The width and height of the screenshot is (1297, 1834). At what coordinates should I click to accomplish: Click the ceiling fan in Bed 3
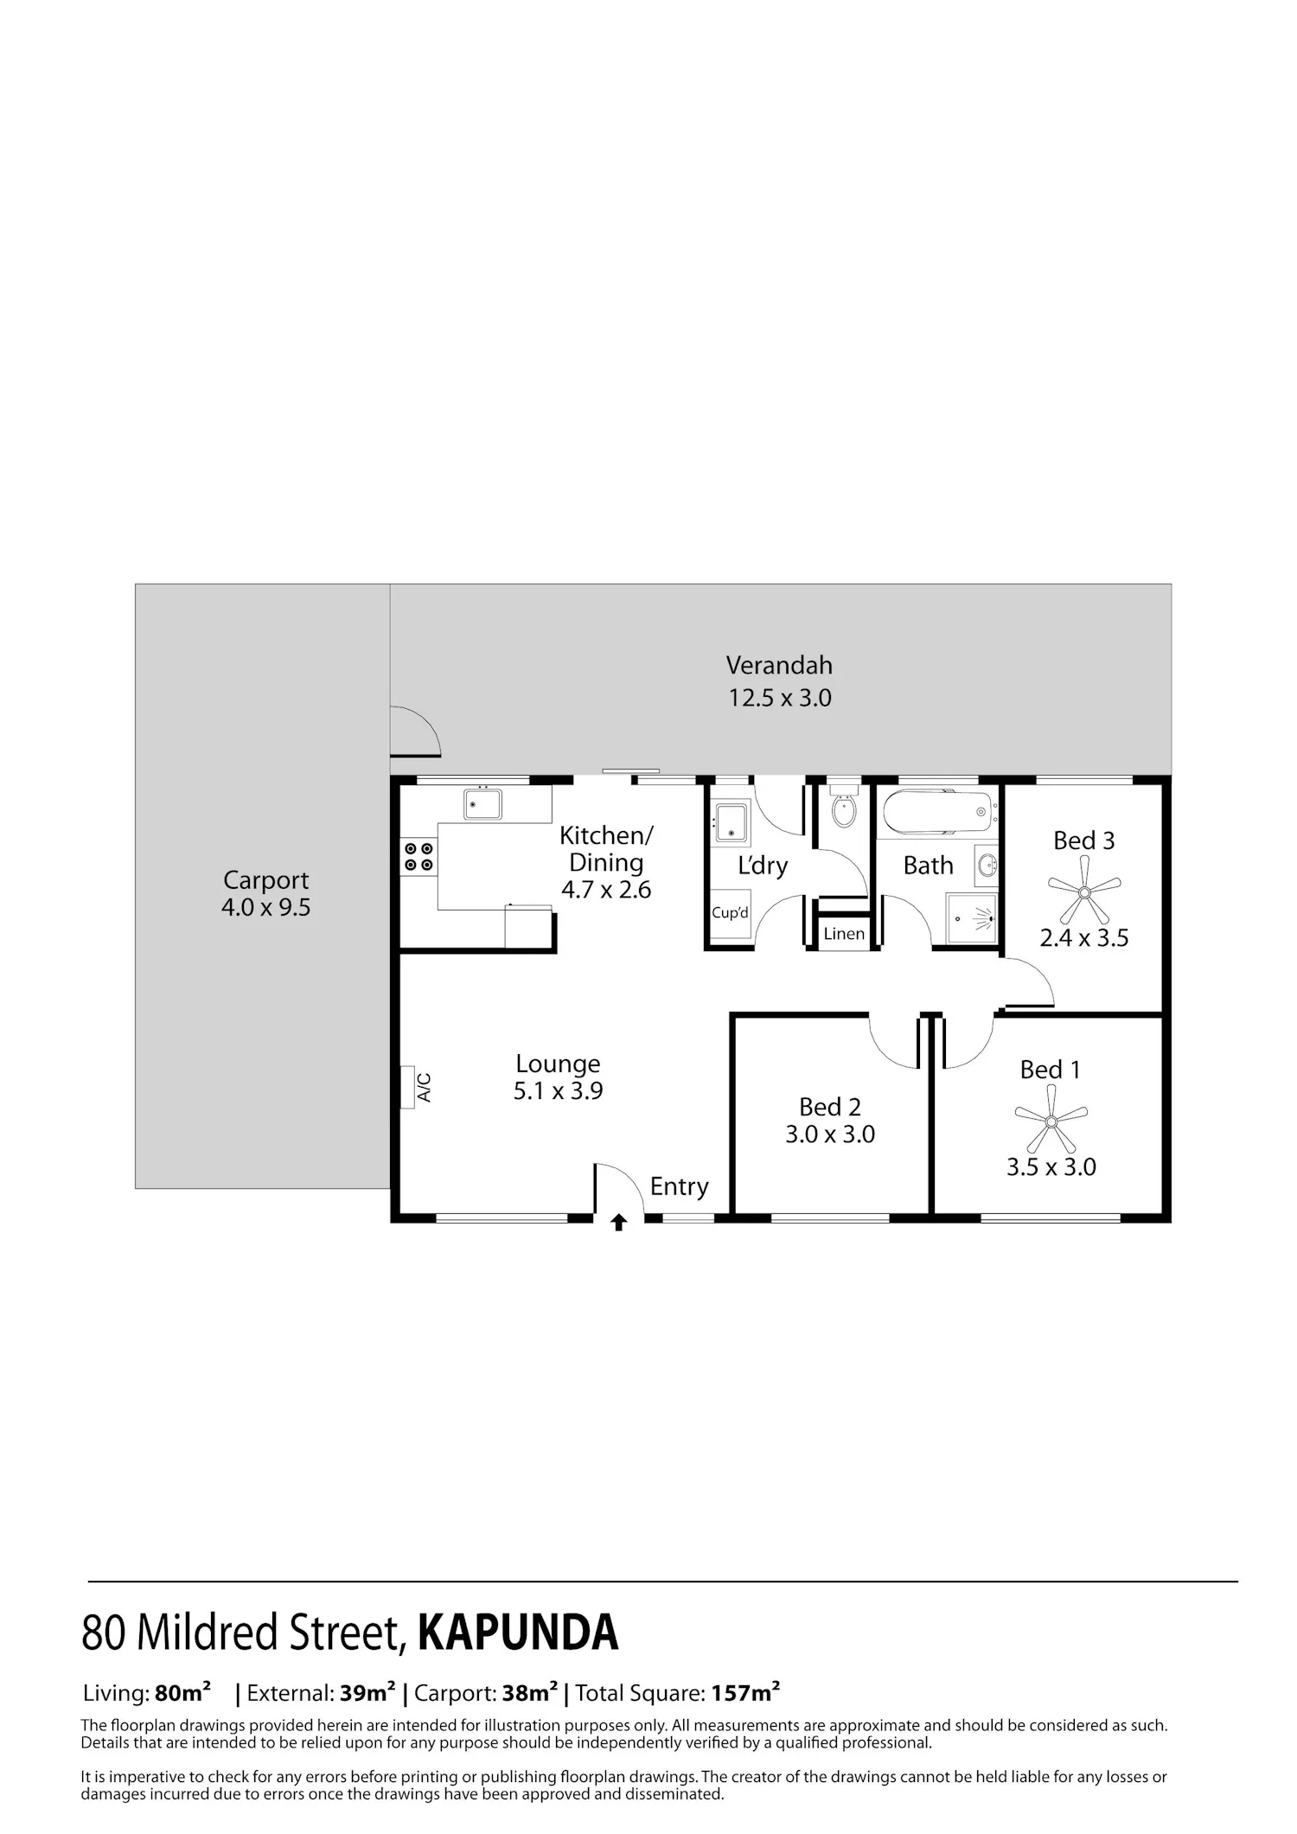[x=1084, y=891]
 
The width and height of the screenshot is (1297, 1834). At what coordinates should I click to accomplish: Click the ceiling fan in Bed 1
[x=1051, y=1121]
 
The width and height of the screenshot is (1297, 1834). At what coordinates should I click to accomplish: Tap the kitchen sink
[x=482, y=803]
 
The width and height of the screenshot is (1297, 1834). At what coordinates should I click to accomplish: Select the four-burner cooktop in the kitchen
[x=418, y=857]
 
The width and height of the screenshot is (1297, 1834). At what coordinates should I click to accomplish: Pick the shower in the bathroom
[x=973, y=917]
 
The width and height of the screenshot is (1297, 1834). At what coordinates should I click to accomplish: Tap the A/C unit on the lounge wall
[x=407, y=1087]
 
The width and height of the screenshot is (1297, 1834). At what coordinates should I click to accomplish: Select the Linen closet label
[x=844, y=934]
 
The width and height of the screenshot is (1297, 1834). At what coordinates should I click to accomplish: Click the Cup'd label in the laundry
[x=730, y=913]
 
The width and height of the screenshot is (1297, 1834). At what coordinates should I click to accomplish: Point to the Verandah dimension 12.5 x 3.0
[x=780, y=698]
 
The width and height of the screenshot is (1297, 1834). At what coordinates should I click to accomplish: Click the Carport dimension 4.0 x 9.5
[x=265, y=907]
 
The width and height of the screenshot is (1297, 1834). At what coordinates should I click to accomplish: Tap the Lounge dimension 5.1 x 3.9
[x=559, y=1090]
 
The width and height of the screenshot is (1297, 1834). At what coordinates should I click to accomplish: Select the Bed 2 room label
[x=830, y=1107]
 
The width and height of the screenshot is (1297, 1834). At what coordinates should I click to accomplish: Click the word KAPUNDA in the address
[x=518, y=1632]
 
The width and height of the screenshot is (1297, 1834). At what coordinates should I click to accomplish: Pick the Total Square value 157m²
[x=746, y=1692]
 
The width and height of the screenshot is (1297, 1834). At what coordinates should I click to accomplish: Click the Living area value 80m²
[x=182, y=1692]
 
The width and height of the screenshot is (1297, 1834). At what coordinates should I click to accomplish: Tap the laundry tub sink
[x=731, y=823]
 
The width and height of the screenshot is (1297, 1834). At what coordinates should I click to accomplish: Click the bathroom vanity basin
[x=987, y=865]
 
